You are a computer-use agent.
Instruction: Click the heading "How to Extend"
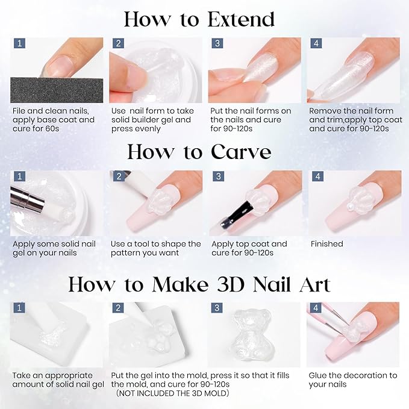[199, 19]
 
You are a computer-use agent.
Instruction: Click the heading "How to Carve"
[199, 151]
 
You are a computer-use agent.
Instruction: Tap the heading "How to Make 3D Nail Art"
[199, 284]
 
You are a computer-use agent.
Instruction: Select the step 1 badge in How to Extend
[19, 43]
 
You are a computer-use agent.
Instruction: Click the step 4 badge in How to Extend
[315, 43]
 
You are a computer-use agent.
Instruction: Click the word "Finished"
[326, 244]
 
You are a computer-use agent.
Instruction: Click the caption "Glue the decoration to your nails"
[352, 379]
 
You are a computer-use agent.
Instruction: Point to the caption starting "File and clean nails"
[53, 120]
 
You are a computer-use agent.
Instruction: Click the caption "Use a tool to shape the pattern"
[155, 248]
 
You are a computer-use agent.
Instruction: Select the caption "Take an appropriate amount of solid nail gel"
[58, 379]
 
